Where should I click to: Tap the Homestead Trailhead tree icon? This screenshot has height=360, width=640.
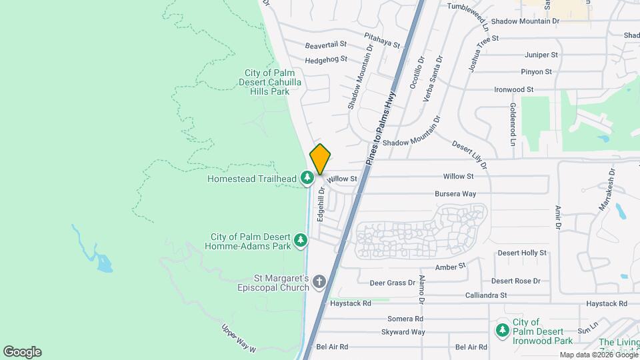pos(307,177)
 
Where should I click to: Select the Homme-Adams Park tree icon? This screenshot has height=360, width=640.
pos(301,239)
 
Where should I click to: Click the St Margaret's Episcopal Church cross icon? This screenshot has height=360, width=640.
pos(319,281)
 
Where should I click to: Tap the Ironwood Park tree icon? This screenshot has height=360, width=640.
pos(501,329)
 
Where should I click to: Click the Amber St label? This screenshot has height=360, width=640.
pos(450,267)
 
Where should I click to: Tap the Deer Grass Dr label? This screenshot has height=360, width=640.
pos(392,283)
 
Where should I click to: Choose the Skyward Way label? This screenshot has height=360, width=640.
pos(403,332)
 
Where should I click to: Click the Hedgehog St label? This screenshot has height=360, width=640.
pos(326,59)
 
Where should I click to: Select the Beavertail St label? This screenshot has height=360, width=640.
pos(326,45)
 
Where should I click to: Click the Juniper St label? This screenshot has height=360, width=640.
pos(541,55)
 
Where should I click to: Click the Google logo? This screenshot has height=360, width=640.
pos(22,352)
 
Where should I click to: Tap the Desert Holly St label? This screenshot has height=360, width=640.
pos(522,253)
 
